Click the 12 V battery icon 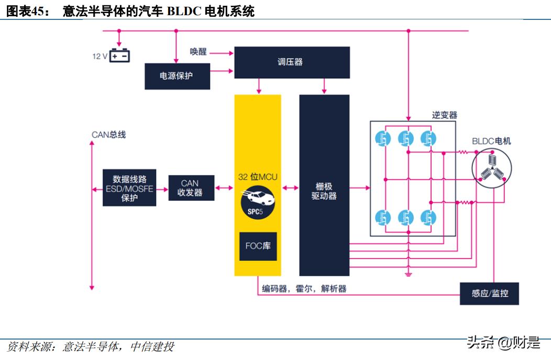(x=119, y=56)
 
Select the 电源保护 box (x=177, y=77)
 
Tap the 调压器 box (x=291, y=62)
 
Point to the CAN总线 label (x=109, y=135)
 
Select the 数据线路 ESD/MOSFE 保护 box (x=129, y=187)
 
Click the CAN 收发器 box (x=191, y=188)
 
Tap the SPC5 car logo (x=257, y=202)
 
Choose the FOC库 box (x=258, y=246)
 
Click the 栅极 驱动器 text (x=324, y=191)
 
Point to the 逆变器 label (x=444, y=115)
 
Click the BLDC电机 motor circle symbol (x=491, y=168)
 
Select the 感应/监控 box (x=489, y=293)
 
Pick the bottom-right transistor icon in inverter (x=428, y=216)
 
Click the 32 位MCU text (x=258, y=177)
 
